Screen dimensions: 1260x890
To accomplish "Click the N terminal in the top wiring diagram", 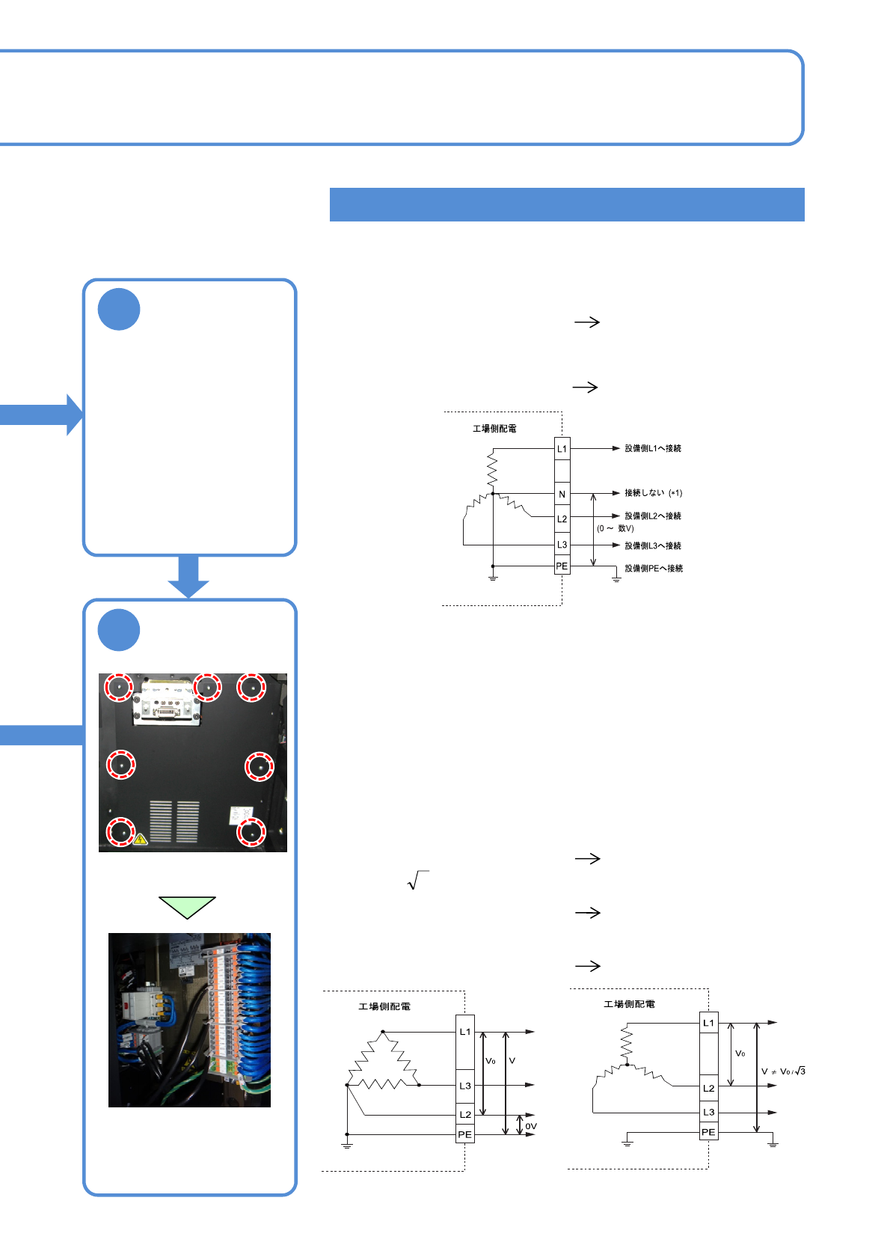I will (x=562, y=494).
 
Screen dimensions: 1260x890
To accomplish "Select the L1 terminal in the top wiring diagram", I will (x=562, y=449).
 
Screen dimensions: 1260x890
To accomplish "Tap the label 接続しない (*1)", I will (x=653, y=493).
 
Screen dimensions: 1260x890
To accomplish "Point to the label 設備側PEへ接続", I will (x=654, y=569).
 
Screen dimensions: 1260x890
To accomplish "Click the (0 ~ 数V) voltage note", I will (x=616, y=528).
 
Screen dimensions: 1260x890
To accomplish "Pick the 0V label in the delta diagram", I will (x=531, y=1126).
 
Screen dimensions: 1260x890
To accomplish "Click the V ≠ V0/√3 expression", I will (x=783, y=1071).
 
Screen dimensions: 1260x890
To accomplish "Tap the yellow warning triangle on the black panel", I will (x=140, y=839).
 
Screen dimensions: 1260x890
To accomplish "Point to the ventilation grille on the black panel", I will (x=175, y=821).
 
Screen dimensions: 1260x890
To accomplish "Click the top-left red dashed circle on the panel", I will (x=118, y=687).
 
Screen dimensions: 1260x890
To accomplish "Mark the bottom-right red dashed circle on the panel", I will (x=251, y=832).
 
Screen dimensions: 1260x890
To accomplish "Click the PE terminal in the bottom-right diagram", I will (x=708, y=1132).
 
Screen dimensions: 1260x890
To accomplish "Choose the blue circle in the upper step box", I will (x=119, y=309).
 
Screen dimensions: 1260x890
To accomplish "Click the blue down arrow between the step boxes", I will (x=188, y=577).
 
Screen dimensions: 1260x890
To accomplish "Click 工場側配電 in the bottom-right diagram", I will (x=629, y=1004).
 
